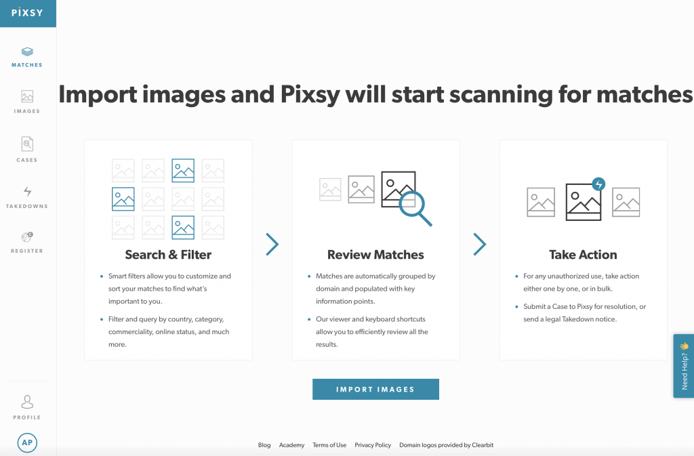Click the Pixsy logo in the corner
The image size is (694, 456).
(27, 13)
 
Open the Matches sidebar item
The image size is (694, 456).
(27, 56)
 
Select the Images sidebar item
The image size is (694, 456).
(27, 102)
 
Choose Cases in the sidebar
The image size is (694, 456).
(27, 149)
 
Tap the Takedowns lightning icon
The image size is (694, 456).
(27, 192)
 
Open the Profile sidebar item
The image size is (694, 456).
(27, 407)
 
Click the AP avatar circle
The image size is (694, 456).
(27, 442)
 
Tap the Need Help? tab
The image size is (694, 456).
(684, 365)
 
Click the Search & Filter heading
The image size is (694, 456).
(168, 255)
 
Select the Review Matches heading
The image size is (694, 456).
(375, 255)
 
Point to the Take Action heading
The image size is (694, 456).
(583, 255)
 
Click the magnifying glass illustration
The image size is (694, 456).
(415, 207)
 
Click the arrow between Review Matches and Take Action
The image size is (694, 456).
(480, 244)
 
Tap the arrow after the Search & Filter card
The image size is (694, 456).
(272, 244)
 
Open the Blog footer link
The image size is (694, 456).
(264, 445)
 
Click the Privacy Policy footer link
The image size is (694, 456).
(373, 445)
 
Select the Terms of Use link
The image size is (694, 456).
(329, 445)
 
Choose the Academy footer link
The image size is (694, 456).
(291, 445)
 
